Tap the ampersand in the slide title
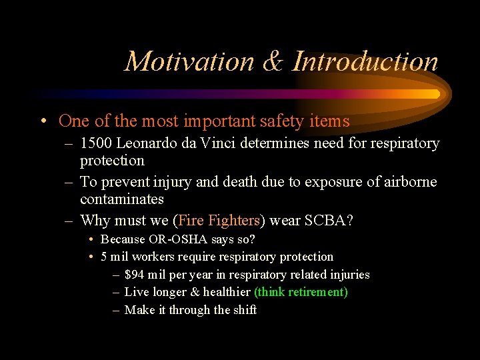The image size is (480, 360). pos(273,61)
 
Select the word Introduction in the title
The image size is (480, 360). pos(365,61)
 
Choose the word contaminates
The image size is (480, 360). pos(122,199)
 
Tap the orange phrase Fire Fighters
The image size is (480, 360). pos(219,221)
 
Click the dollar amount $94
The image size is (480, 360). pos(135,275)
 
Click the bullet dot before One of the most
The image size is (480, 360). pos(43,121)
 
